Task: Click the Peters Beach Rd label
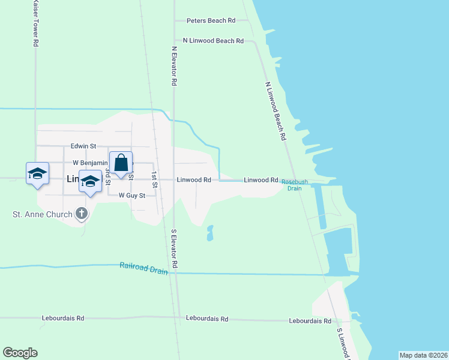(x=211, y=20)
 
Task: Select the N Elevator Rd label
(x=174, y=66)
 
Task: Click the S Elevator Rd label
(x=174, y=248)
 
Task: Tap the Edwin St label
(x=83, y=146)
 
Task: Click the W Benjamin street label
(x=89, y=163)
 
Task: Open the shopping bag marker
(x=121, y=163)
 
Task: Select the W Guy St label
(x=132, y=196)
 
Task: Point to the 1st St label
(x=154, y=180)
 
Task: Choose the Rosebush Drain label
(x=295, y=184)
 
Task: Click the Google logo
(x=20, y=353)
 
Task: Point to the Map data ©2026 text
(x=423, y=355)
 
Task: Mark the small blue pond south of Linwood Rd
(x=209, y=233)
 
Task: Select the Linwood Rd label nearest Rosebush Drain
(x=261, y=180)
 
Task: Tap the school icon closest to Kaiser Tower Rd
(x=37, y=173)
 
